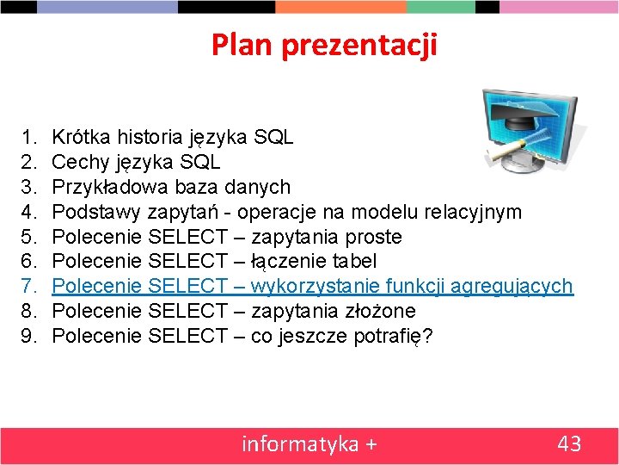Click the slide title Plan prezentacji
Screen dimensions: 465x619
pyautogui.click(x=324, y=45)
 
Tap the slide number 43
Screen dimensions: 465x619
pyautogui.click(x=569, y=444)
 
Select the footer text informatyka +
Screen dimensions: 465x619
pyautogui.click(x=309, y=444)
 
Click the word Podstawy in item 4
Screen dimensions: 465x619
pyautogui.click(x=96, y=212)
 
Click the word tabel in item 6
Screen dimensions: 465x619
pyautogui.click(x=353, y=261)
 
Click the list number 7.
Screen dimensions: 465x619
pyautogui.click(x=27, y=286)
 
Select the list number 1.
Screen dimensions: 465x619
pyautogui.click(x=27, y=137)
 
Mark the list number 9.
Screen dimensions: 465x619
pyautogui.click(x=27, y=336)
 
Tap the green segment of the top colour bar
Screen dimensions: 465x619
pyautogui.click(x=440, y=6)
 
